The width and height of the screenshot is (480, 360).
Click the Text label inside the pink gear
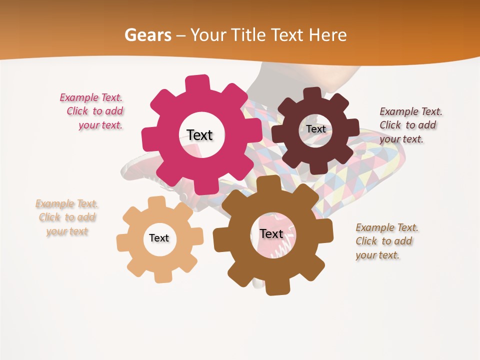pos(199,135)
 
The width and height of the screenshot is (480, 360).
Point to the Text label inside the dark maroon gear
pos(316,129)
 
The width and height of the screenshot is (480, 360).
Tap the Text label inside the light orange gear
pos(159,238)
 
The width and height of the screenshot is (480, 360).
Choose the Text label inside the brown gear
pos(271,233)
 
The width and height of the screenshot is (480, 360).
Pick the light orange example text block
pos(67,217)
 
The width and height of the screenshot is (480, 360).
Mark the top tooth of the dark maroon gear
pos(312,94)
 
